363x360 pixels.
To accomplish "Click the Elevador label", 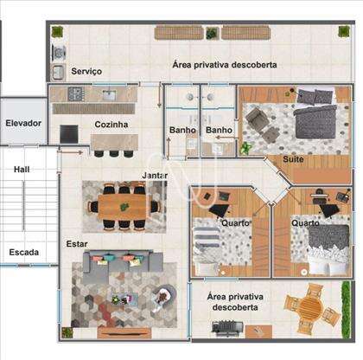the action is click(23, 123).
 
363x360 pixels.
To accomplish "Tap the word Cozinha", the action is click(111, 125).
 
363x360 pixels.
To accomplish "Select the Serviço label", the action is click(86, 71).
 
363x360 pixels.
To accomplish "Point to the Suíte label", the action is click(293, 159).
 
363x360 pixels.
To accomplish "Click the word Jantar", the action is click(155, 176).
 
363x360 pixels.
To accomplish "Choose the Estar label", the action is click(77, 244).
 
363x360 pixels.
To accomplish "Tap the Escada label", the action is click(24, 252).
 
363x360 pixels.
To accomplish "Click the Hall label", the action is click(22, 169).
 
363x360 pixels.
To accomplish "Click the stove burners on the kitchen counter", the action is click(76, 93).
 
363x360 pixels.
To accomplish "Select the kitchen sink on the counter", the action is click(109, 95).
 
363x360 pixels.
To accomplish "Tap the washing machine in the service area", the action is click(59, 53).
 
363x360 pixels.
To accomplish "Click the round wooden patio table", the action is click(311, 308).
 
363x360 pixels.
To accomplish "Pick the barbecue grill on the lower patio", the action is click(227, 328).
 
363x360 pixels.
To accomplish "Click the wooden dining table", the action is click(124, 207).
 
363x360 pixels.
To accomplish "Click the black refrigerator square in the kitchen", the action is click(69, 134).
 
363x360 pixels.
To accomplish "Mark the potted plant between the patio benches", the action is click(213, 34).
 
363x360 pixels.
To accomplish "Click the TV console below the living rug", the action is click(124, 333).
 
